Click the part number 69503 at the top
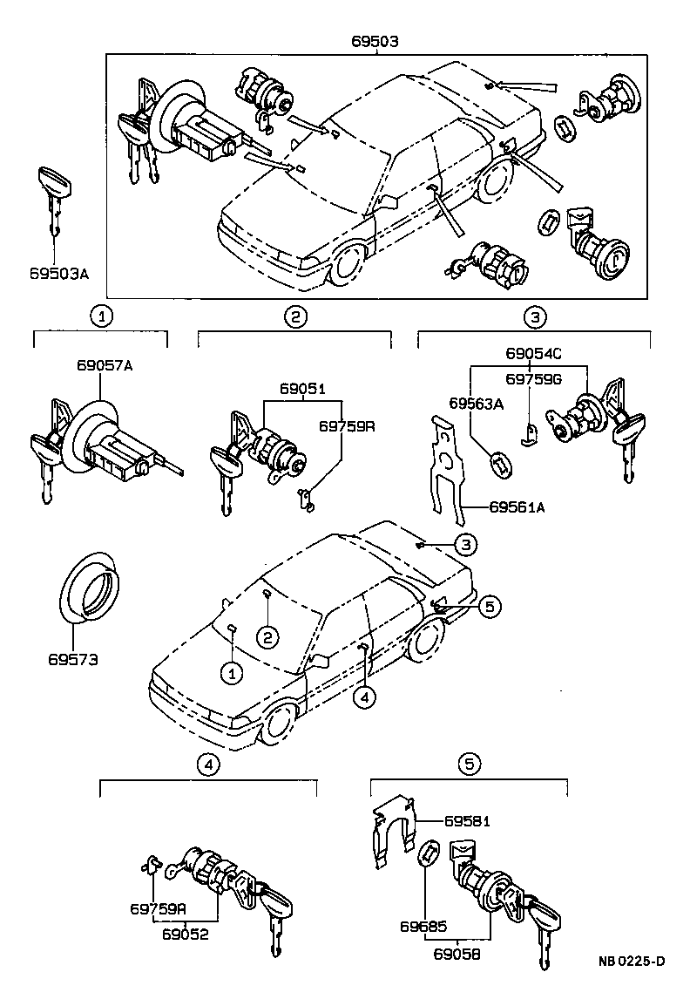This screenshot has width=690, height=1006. coord(376,41)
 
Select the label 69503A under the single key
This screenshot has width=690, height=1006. coord(57,274)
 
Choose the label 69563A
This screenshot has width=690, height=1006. coord(477,403)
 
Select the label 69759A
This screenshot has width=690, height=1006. coord(158,908)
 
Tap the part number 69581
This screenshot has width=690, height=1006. coord(468,821)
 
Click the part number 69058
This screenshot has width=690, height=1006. coord(457,954)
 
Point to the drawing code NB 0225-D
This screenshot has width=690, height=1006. coord(632,962)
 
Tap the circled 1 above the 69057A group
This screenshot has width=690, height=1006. coord(103,316)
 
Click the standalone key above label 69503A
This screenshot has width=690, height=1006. coord(54,201)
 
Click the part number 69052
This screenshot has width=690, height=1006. coord(184,933)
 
